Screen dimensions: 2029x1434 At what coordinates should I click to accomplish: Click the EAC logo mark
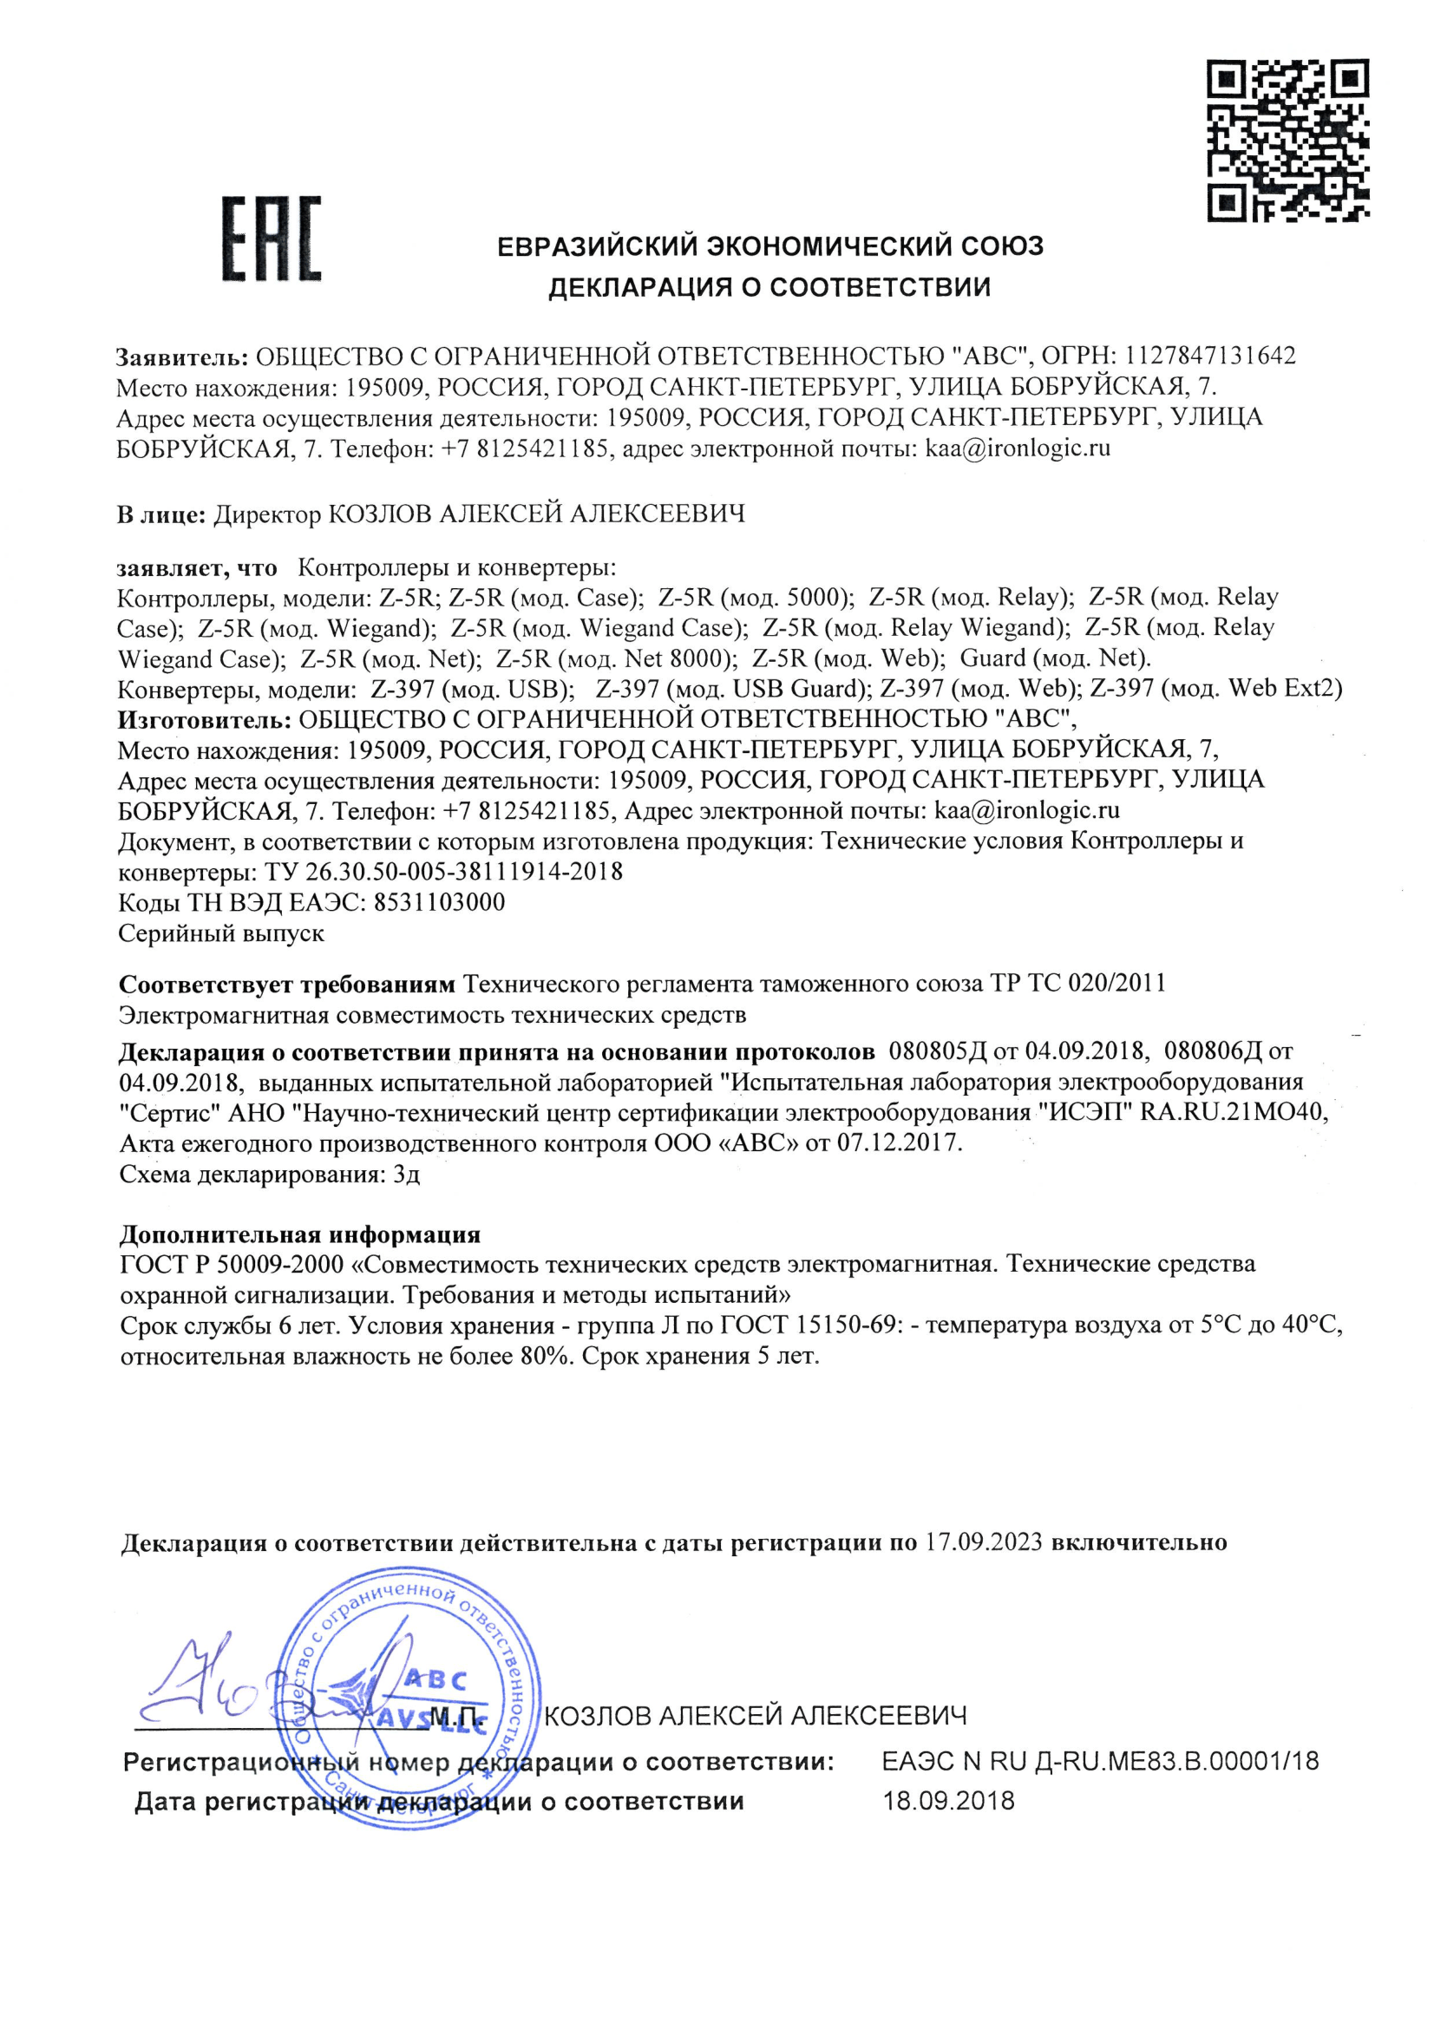point(271,239)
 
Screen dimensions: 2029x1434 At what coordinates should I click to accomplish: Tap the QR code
point(1287,140)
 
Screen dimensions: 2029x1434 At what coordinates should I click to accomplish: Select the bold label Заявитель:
point(182,357)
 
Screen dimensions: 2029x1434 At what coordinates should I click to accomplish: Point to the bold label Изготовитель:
point(204,719)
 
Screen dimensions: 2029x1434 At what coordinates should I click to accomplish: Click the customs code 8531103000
point(439,902)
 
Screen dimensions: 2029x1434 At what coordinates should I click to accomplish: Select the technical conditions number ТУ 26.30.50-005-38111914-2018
point(443,872)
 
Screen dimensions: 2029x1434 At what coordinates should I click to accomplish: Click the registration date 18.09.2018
point(949,1801)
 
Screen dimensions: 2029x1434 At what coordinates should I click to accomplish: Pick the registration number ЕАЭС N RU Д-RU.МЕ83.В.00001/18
point(1100,1761)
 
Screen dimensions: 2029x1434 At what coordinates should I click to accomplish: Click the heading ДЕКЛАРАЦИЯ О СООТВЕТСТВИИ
point(769,287)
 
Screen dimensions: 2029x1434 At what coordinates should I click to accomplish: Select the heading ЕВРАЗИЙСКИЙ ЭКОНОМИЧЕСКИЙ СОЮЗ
point(769,245)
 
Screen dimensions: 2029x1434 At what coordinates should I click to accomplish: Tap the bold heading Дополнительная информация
point(299,1234)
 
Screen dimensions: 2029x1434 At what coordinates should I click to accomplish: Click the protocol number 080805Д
point(939,1051)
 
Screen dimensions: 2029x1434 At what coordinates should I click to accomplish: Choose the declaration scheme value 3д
point(407,1175)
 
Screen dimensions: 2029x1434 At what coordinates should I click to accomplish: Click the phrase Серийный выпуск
point(221,933)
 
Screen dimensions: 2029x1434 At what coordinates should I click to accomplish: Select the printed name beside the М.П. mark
point(756,1715)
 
